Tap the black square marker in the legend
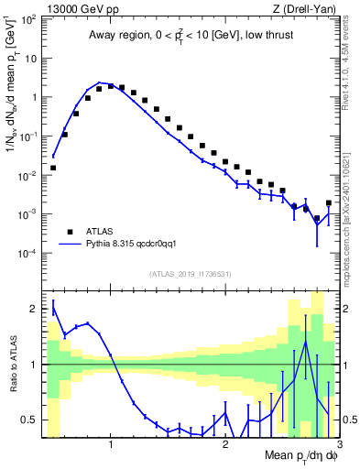click(70, 232)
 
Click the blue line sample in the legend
click(70, 245)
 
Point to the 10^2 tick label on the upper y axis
click(27, 19)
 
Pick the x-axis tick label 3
click(339, 443)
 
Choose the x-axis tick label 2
click(225, 443)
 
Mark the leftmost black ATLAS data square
click(53, 168)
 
